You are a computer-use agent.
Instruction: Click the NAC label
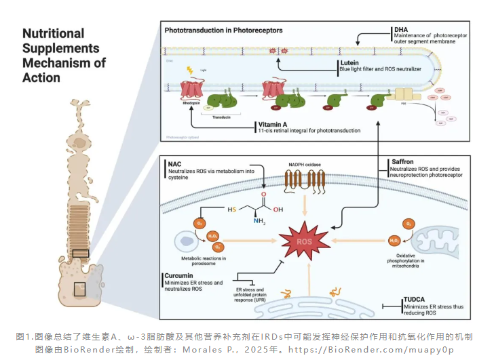[x=175, y=163]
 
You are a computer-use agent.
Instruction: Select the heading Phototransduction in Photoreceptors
[x=223, y=31]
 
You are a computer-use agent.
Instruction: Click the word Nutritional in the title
[x=53, y=33]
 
